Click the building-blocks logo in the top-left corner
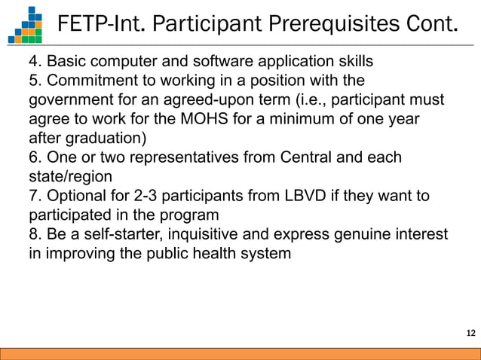(26, 24)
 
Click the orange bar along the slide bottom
(240, 353)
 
